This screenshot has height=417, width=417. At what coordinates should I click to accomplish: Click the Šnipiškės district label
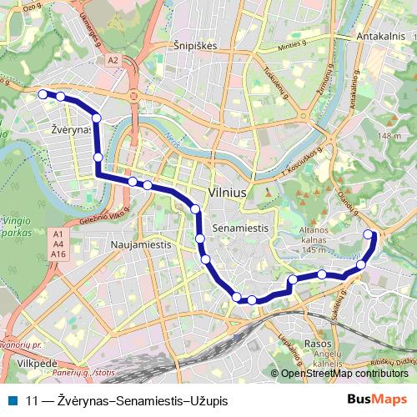click(193, 47)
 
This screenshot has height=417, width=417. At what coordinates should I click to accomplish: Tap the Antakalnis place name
click(380, 38)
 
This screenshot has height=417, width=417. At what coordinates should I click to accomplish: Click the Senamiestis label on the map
click(240, 227)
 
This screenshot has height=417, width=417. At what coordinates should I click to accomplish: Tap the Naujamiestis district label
click(140, 246)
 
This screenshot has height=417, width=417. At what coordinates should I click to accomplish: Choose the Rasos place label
click(318, 343)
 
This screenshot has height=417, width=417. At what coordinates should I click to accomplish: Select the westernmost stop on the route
click(43, 94)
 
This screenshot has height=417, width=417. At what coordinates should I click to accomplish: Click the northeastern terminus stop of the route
click(369, 234)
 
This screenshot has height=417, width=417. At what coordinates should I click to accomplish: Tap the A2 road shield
click(113, 60)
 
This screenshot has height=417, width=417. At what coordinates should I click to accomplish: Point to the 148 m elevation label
click(389, 136)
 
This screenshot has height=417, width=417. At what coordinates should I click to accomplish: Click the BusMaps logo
click(378, 400)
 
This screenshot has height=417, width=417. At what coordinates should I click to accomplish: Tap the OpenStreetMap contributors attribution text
click(344, 374)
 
